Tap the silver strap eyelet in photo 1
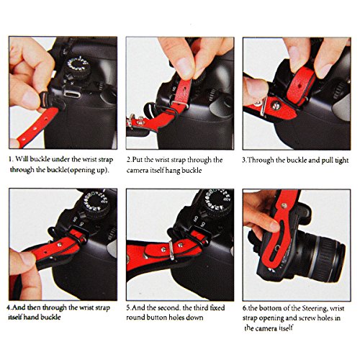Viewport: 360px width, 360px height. (72, 93)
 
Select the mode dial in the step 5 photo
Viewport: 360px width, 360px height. (217, 201)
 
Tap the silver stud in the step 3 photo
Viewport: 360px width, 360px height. (276, 105)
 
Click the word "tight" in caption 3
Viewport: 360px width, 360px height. (341, 161)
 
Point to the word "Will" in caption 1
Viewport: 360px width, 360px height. (22, 159)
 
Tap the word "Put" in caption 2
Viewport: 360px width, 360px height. (138, 160)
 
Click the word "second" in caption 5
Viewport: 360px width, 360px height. (170, 307)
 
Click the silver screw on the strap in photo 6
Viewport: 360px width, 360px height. (284, 205)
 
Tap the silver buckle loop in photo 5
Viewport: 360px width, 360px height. (171, 251)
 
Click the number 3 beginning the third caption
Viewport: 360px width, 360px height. (244, 161)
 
